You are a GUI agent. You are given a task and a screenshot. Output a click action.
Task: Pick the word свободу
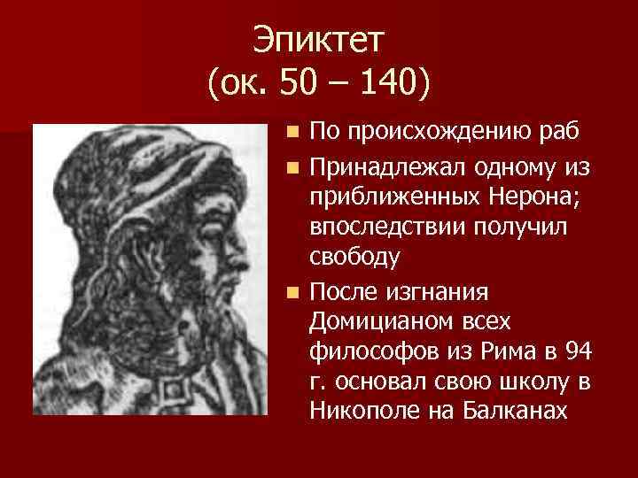point(354,258)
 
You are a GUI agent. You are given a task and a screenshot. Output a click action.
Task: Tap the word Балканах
point(514,412)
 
